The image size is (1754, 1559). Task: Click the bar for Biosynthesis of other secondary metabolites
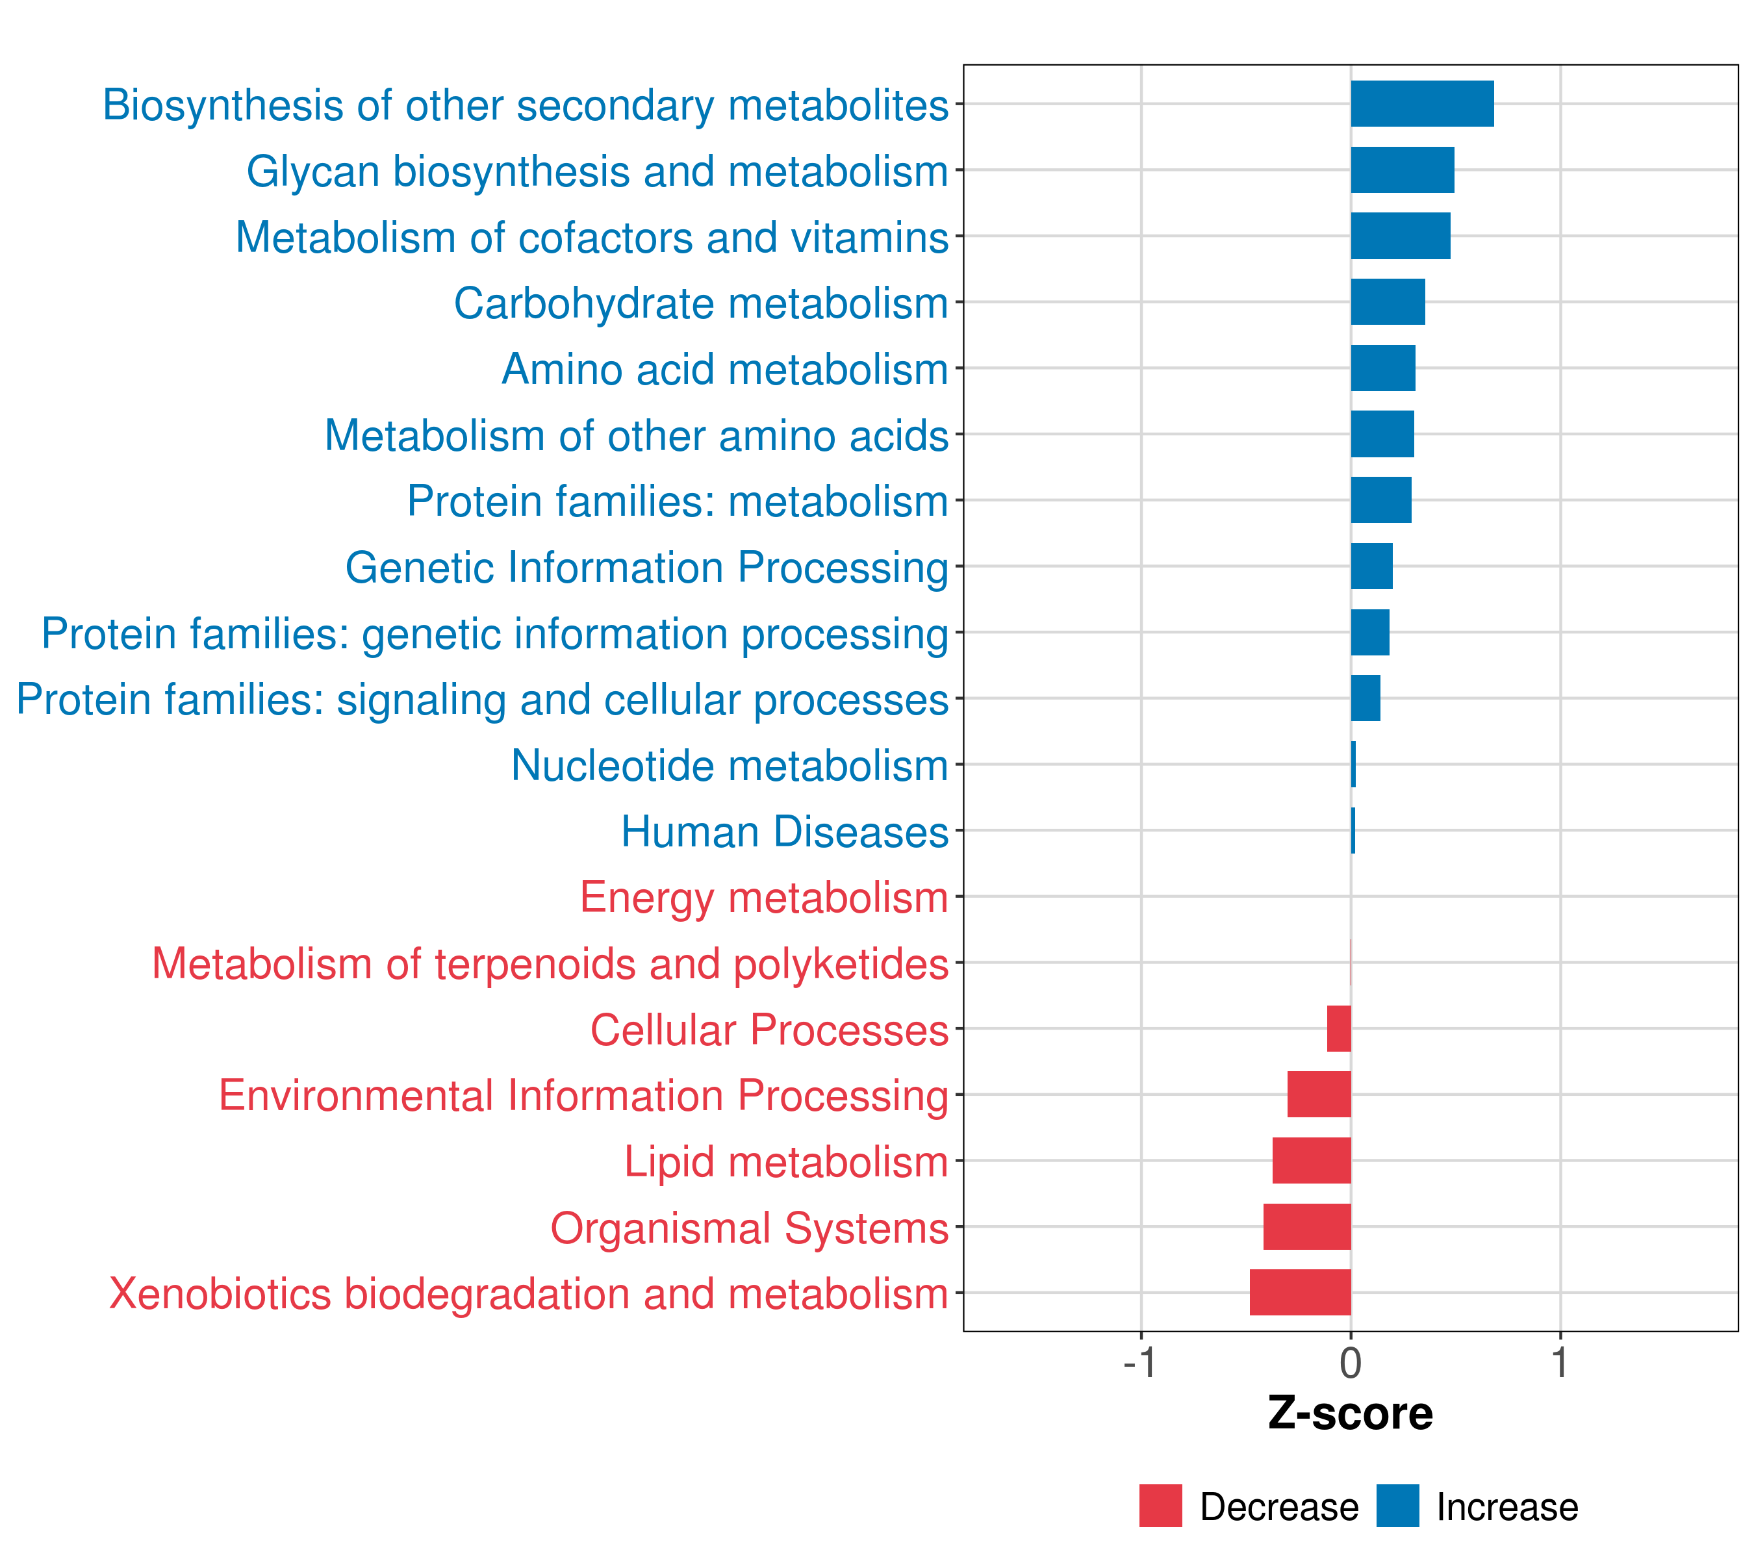(x=1422, y=104)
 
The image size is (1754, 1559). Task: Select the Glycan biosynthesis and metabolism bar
(x=1402, y=170)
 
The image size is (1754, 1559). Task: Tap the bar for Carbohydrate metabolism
(x=1388, y=302)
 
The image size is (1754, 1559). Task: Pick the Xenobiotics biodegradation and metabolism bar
(x=1300, y=1292)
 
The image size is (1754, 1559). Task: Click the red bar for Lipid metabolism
(x=1311, y=1160)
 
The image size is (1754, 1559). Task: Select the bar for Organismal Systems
(x=1307, y=1226)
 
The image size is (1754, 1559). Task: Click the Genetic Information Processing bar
(x=1371, y=566)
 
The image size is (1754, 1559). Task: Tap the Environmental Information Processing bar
(x=1319, y=1094)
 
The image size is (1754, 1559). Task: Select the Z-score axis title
(x=1350, y=1413)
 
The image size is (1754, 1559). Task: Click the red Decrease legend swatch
(x=1160, y=1506)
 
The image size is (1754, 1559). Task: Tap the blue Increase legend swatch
(x=1397, y=1506)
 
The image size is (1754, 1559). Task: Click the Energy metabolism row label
(x=764, y=898)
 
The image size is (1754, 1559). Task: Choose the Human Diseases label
(x=784, y=832)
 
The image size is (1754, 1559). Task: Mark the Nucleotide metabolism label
(x=730, y=765)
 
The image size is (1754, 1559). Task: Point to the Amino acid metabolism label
(x=724, y=370)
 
